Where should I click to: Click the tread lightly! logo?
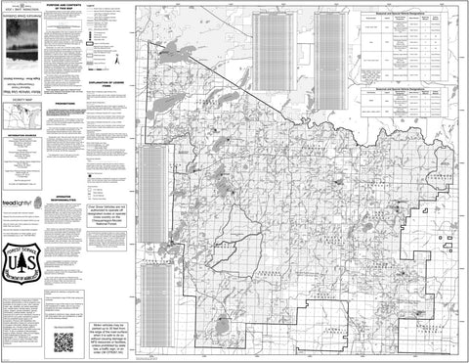point(22,203)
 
